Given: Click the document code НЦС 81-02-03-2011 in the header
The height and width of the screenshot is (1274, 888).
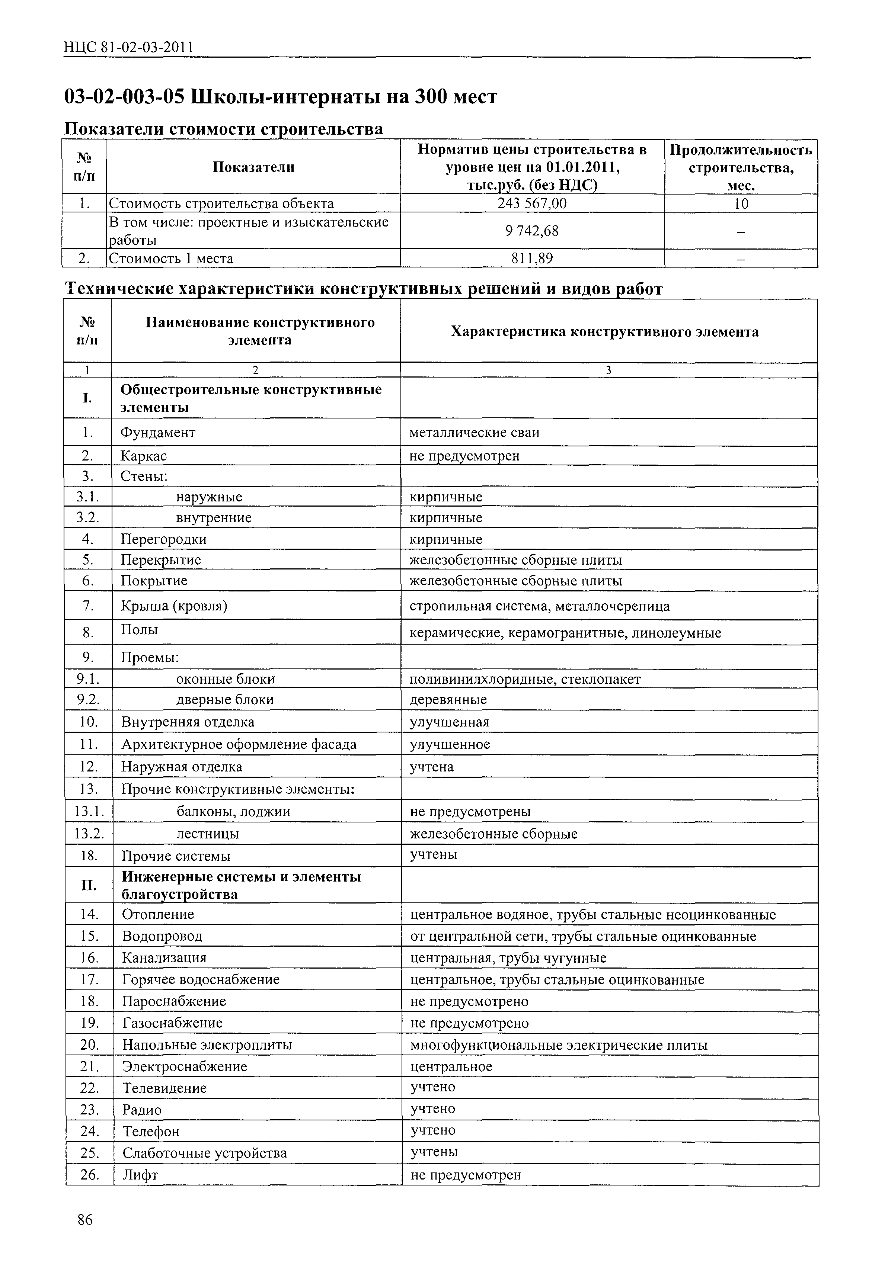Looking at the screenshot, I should coord(129,48).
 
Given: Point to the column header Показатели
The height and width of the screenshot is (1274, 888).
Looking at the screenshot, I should coord(253,167).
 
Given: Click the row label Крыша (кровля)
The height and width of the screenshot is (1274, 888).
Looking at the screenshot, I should coord(174,606).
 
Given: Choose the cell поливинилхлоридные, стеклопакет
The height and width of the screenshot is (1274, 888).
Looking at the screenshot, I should coord(525,679).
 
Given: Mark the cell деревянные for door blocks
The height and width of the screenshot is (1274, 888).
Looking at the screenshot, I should coord(448,700).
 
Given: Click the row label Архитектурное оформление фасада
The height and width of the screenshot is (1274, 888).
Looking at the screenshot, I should coord(239,744).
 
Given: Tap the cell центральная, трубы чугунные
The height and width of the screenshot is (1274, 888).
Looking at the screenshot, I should coord(508,958).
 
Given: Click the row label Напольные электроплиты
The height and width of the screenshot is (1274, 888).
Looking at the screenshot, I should coord(207,1045).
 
